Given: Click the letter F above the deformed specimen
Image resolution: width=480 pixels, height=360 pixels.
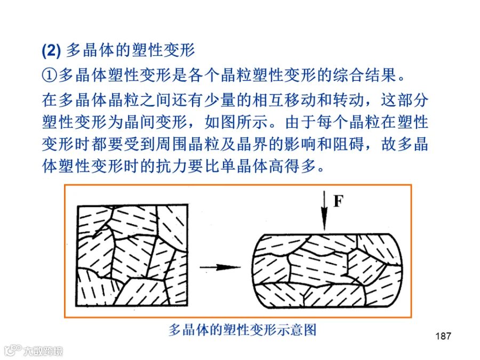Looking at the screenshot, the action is coord(338,201).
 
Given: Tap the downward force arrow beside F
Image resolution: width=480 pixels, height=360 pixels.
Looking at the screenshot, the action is coord(324,211).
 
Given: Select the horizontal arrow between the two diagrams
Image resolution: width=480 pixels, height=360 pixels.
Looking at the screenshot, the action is coord(220,267).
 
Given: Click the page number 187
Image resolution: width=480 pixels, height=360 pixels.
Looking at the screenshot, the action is coord(443,336).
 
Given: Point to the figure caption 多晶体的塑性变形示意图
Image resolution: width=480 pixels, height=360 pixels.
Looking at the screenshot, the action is coord(242,330).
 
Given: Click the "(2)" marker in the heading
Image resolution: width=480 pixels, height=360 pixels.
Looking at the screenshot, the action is coord(51,50).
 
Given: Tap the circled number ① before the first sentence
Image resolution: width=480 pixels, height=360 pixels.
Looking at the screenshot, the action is coord(49,75).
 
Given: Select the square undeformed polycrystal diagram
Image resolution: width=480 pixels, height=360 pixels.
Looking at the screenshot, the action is coord(132,255).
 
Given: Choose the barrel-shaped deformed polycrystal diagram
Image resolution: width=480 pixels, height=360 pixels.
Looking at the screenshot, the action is coord(327,270).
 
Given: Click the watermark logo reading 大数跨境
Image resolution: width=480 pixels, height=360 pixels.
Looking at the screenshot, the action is coord(34,350).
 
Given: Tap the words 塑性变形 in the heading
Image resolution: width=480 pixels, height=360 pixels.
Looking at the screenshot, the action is coord(163,50).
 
